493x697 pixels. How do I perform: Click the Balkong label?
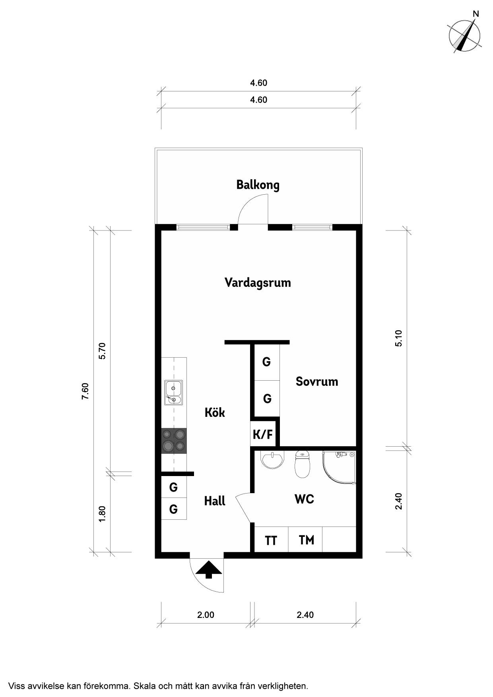[258, 185]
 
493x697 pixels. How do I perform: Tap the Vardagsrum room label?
[258, 283]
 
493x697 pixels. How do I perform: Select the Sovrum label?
[317, 381]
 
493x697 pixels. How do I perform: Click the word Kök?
[215, 412]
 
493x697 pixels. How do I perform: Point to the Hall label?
[215, 501]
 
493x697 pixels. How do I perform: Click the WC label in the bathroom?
[305, 499]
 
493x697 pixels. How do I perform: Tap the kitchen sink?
[174, 393]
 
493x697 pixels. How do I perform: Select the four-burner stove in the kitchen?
[174, 441]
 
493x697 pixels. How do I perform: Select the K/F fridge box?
[263, 434]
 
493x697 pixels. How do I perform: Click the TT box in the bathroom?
[271, 540]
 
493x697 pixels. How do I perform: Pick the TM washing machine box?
[305, 540]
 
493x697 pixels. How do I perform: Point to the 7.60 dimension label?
[85, 391]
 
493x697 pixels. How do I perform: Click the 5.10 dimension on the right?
[399, 339]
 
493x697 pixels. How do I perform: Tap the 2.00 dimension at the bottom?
[206, 615]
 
